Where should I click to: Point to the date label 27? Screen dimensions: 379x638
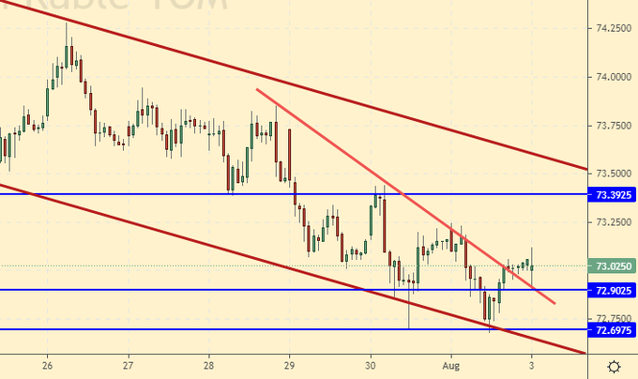[x=129, y=365]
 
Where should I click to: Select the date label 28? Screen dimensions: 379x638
[x=209, y=365]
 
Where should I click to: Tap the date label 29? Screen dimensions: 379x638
[x=290, y=365]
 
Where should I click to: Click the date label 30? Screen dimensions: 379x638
[x=371, y=365]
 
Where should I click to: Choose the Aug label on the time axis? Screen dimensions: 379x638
[x=451, y=365]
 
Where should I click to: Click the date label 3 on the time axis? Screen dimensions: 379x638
[x=532, y=365]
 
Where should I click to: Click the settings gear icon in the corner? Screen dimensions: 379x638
[x=613, y=365]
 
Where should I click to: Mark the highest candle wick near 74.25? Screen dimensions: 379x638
[x=67, y=23]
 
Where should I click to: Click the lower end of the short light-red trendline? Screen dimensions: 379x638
[x=554, y=303]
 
